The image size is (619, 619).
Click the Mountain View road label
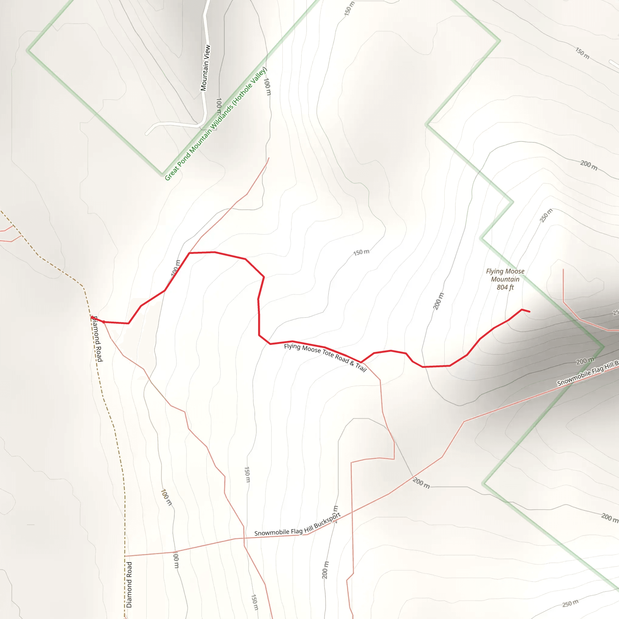(x=205, y=68)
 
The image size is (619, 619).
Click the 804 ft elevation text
(x=505, y=287)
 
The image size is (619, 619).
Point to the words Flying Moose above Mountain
(x=505, y=271)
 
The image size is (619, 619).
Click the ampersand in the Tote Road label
(x=352, y=363)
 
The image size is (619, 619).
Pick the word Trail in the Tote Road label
(x=361, y=368)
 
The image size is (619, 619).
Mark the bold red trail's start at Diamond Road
(x=92, y=318)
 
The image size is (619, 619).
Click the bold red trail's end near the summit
(x=529, y=311)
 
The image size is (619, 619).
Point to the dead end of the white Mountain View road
(x=147, y=134)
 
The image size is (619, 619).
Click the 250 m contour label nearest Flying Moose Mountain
(x=546, y=215)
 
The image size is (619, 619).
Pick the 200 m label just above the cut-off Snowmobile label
(x=585, y=361)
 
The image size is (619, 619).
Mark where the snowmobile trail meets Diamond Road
(x=125, y=556)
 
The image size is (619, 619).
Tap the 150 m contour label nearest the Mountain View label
(x=349, y=9)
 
